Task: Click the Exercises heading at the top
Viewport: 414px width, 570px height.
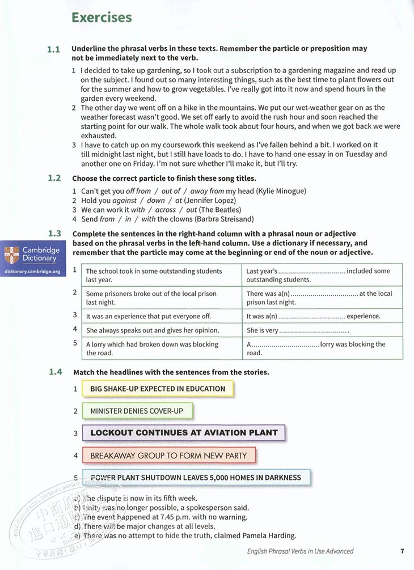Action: (101, 18)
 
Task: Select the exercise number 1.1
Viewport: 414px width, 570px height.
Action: (54, 49)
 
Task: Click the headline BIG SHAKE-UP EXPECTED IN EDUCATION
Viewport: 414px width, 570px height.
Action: (157, 389)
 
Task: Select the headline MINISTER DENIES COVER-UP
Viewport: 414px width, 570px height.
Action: (137, 411)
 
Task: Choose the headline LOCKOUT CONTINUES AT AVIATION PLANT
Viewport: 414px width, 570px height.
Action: (184, 433)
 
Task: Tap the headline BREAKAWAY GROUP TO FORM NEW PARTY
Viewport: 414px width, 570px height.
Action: (168, 456)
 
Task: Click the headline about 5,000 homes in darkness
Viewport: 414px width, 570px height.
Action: (196, 478)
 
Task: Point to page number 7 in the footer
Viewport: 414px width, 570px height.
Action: (402, 551)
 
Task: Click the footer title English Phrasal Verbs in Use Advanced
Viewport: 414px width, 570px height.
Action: (300, 551)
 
